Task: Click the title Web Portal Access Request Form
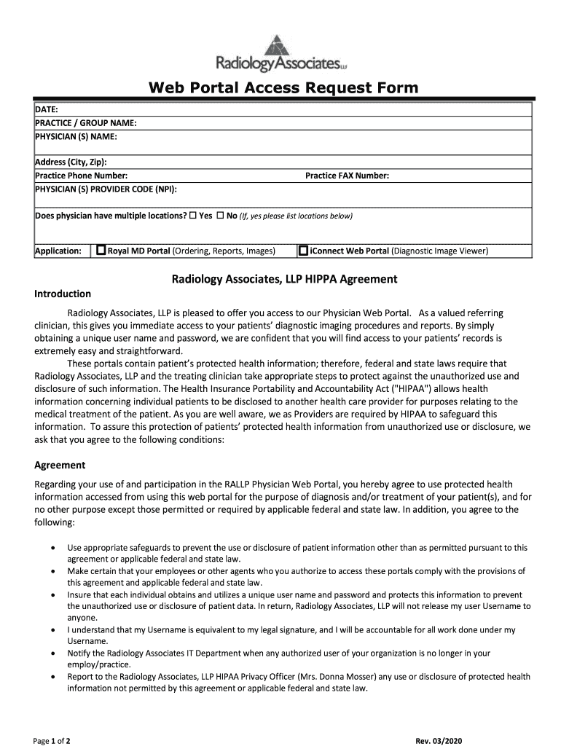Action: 283,88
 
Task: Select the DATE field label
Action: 47,109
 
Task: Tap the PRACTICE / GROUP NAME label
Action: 86,123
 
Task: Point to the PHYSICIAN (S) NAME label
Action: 76,136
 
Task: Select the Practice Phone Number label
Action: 82,176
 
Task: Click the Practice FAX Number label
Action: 347,176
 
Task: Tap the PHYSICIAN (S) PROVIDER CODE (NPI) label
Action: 106,189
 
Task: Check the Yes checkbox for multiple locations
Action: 193,216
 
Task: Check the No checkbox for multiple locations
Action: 219,216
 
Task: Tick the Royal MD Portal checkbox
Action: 101,251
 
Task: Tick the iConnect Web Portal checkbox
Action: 303,251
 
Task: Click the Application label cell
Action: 58,251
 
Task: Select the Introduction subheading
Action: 63,294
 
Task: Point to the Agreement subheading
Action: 60,465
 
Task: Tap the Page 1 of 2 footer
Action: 52,741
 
